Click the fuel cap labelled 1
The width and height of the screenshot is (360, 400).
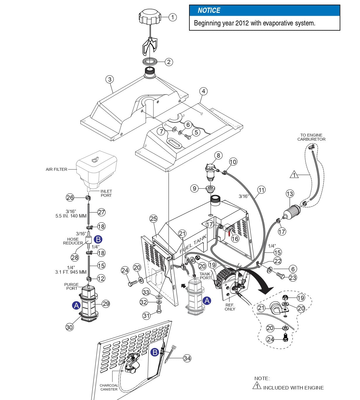pyautogui.click(x=150, y=17)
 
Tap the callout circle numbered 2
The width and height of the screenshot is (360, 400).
pyautogui.click(x=169, y=62)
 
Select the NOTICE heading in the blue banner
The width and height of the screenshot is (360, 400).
pyautogui.click(x=209, y=11)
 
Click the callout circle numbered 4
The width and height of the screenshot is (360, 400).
pyautogui.click(x=203, y=91)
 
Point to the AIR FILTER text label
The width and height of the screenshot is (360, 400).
pyautogui.click(x=56, y=169)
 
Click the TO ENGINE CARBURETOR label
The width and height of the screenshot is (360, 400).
pyautogui.click(x=311, y=137)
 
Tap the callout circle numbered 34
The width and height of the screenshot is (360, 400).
pyautogui.click(x=187, y=358)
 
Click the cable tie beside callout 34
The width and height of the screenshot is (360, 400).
pyautogui.click(x=170, y=354)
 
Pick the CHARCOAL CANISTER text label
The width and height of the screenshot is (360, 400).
pyautogui.click(x=109, y=387)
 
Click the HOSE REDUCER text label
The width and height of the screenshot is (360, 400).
pyautogui.click(x=73, y=241)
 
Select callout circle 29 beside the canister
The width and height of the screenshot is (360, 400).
pyautogui.click(x=106, y=304)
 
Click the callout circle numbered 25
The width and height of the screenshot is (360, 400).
pyautogui.click(x=153, y=218)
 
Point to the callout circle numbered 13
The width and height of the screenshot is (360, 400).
pyautogui.click(x=290, y=194)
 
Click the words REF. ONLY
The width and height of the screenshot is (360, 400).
pyautogui.click(x=230, y=307)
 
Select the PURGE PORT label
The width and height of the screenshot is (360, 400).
pyautogui.click(x=71, y=286)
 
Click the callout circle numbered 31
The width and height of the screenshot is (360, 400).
pyautogui.click(x=147, y=315)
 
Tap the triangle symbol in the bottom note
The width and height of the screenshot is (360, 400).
pyautogui.click(x=257, y=386)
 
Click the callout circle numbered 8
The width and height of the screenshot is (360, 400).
pyautogui.click(x=218, y=155)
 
